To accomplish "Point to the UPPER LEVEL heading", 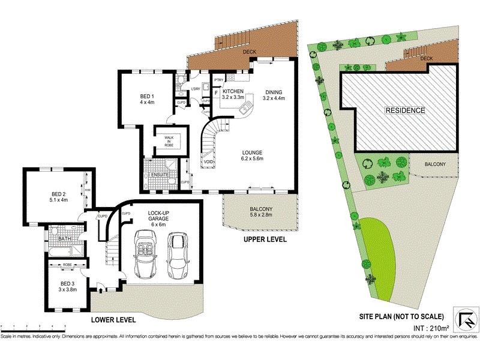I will coord(265,239).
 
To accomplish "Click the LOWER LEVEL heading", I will coord(112,320).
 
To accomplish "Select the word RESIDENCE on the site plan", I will coord(404,110).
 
